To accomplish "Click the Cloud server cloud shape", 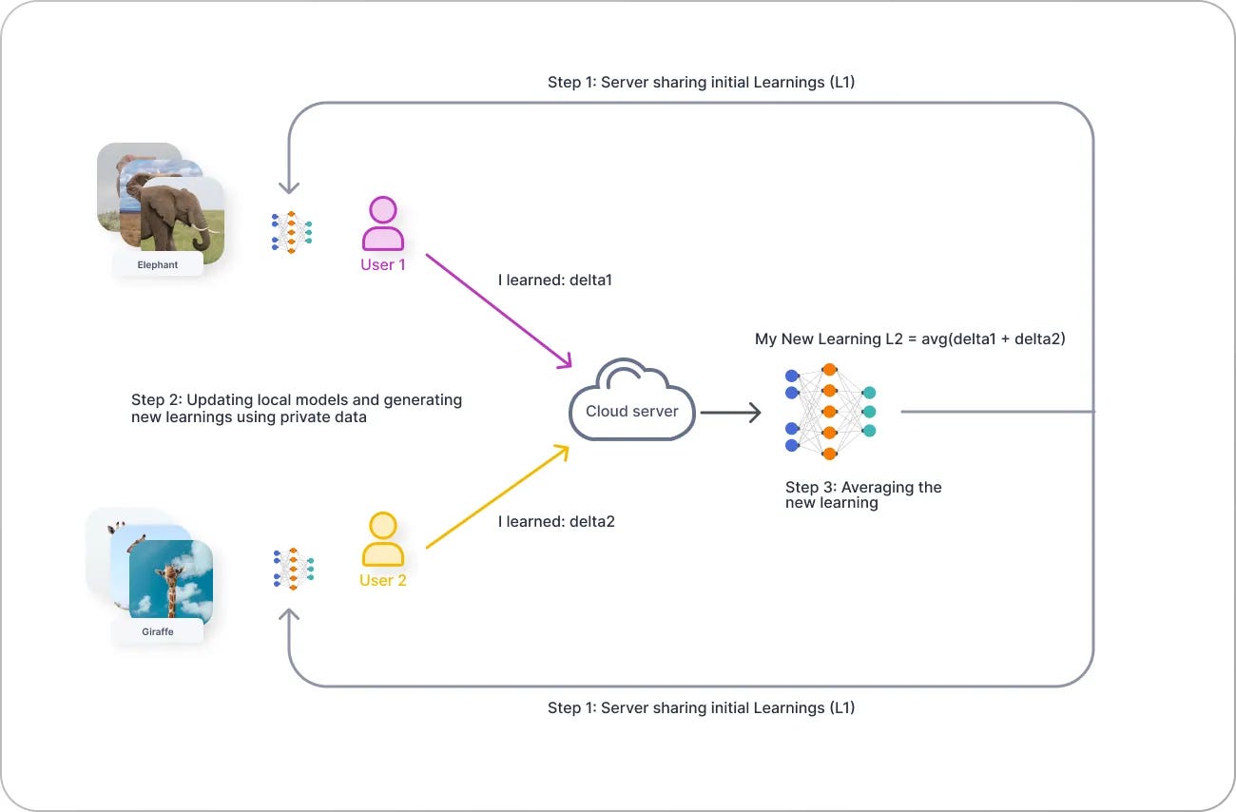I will pyautogui.click(x=631, y=403).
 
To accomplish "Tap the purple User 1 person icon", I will pyautogui.click(x=382, y=224).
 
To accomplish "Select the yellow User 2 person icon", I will pyautogui.click(x=382, y=540).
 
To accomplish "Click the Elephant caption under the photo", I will pyautogui.click(x=158, y=264).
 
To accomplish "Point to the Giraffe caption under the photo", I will pyautogui.click(x=158, y=631).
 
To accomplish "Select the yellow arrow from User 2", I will pyautogui.click(x=497, y=496).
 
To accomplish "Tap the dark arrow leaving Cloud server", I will pyautogui.click(x=730, y=413).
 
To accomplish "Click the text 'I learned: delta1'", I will pyautogui.click(x=556, y=280).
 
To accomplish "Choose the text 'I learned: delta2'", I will pyautogui.click(x=556, y=521).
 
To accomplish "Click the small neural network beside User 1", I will pyautogui.click(x=292, y=231).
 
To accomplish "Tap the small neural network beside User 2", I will pyautogui.click(x=293, y=569).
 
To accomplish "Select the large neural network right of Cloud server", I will pyautogui.click(x=829, y=411).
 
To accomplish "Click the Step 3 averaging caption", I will pyautogui.click(x=862, y=494).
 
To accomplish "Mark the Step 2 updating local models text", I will pyautogui.click(x=296, y=408).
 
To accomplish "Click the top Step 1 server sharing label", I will pyautogui.click(x=701, y=83).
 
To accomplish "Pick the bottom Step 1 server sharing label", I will pyautogui.click(x=701, y=708).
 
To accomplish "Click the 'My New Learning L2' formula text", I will pyautogui.click(x=909, y=339).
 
